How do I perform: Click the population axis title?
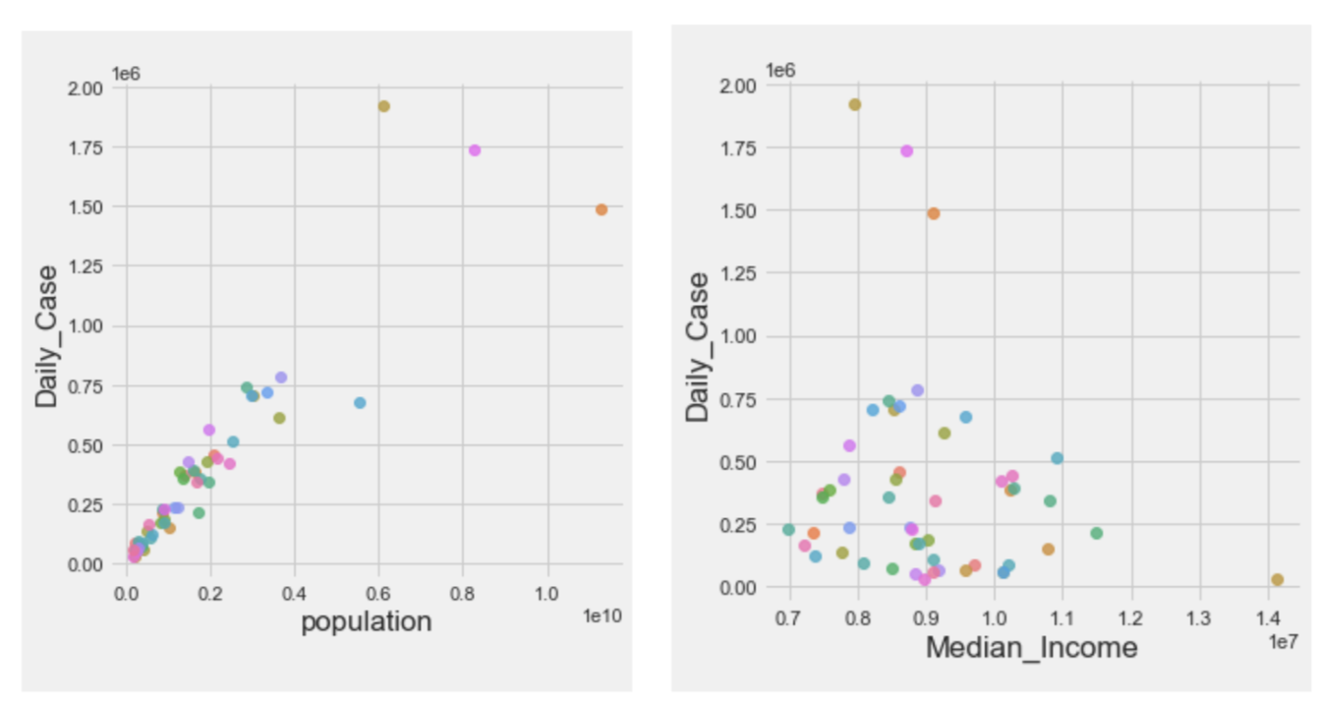366,622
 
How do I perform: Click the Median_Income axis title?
1031,648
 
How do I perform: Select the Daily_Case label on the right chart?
698,347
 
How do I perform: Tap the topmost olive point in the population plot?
383,106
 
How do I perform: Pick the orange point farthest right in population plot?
602,209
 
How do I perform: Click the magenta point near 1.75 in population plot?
475,150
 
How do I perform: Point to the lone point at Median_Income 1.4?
1277,580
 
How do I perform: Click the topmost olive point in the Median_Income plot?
855,104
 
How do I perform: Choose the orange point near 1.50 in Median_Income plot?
934,213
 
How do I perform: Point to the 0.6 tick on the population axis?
378,594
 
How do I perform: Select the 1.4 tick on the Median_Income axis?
1268,617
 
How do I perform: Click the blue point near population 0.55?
360,403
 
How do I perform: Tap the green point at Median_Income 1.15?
1096,533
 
